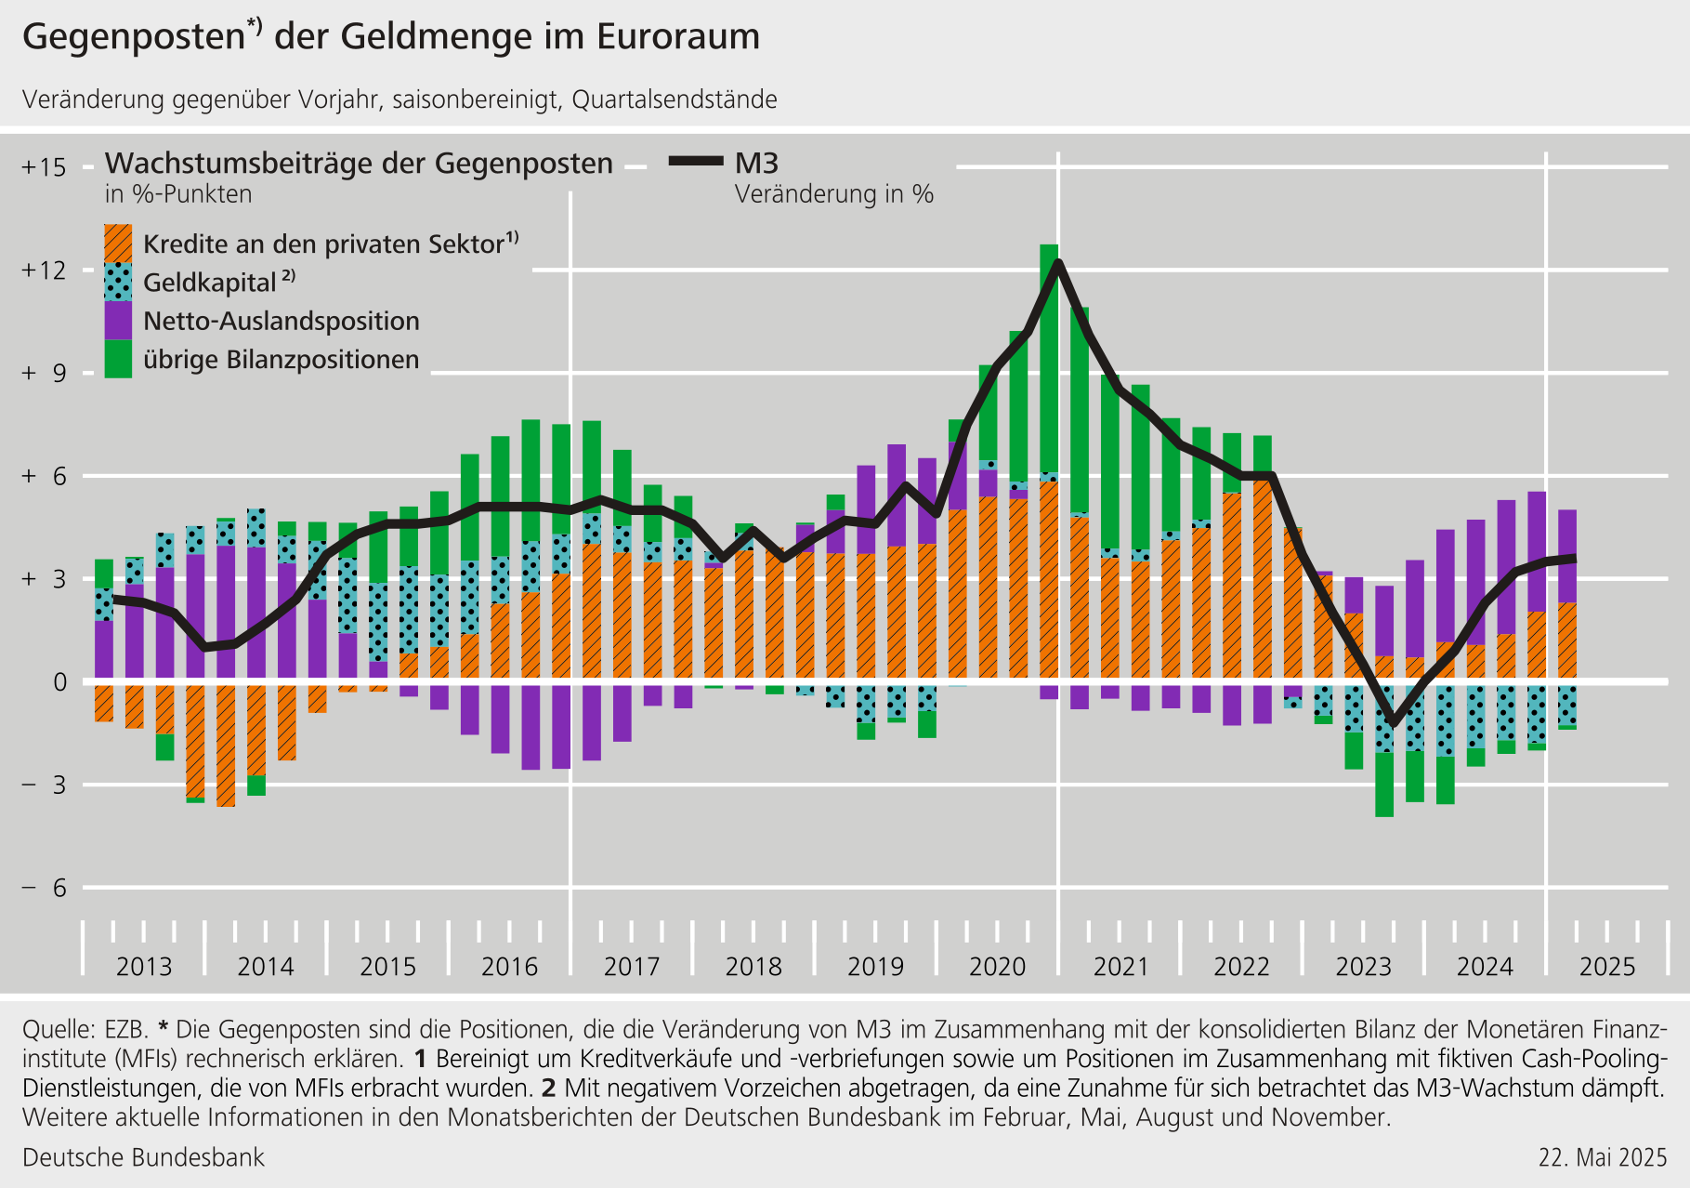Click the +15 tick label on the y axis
45,167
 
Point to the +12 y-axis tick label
45,271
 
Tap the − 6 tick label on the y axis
45,888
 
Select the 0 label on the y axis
60,682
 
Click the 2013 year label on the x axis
144,967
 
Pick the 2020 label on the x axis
998,967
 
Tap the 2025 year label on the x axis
1607,967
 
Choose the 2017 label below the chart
632,967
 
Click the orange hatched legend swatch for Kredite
118,244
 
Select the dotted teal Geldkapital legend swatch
118,282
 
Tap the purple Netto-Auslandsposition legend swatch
118,321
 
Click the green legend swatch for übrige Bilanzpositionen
118,359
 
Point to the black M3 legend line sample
696,162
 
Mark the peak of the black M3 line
1058,263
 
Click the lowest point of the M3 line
1392,723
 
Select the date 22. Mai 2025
1603,1157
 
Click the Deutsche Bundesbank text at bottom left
143,1157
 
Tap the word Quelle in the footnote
58,1030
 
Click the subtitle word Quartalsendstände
675,99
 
